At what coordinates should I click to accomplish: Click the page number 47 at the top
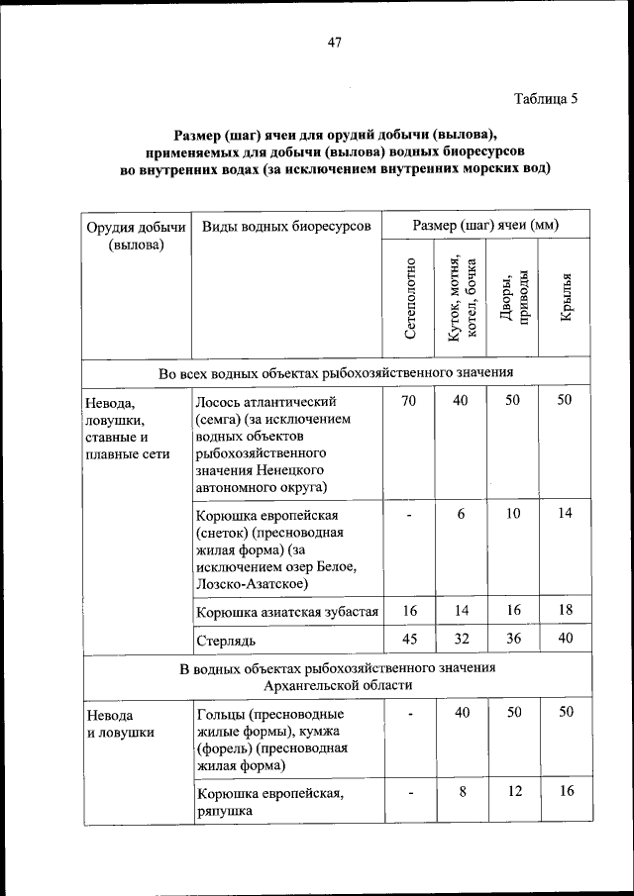coord(334,42)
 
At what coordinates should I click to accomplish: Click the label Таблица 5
coord(545,98)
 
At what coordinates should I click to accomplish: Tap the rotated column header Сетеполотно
coord(410,299)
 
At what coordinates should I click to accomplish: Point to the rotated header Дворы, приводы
coord(513,298)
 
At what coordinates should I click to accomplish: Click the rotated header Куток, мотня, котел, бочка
coord(462,299)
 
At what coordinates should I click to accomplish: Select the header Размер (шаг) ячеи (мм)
coord(485,226)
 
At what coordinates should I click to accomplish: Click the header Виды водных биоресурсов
coord(285,226)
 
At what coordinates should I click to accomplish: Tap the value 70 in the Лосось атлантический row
coord(408,401)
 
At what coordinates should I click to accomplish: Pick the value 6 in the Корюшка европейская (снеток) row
coord(461,514)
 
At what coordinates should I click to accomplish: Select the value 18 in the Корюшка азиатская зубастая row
coord(565,611)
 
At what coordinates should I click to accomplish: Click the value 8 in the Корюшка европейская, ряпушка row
coord(461,792)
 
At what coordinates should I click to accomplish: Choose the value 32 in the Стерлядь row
coord(461,639)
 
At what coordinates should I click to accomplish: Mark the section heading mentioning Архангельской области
coord(337,676)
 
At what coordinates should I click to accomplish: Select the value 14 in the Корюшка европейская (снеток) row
coord(565,514)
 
